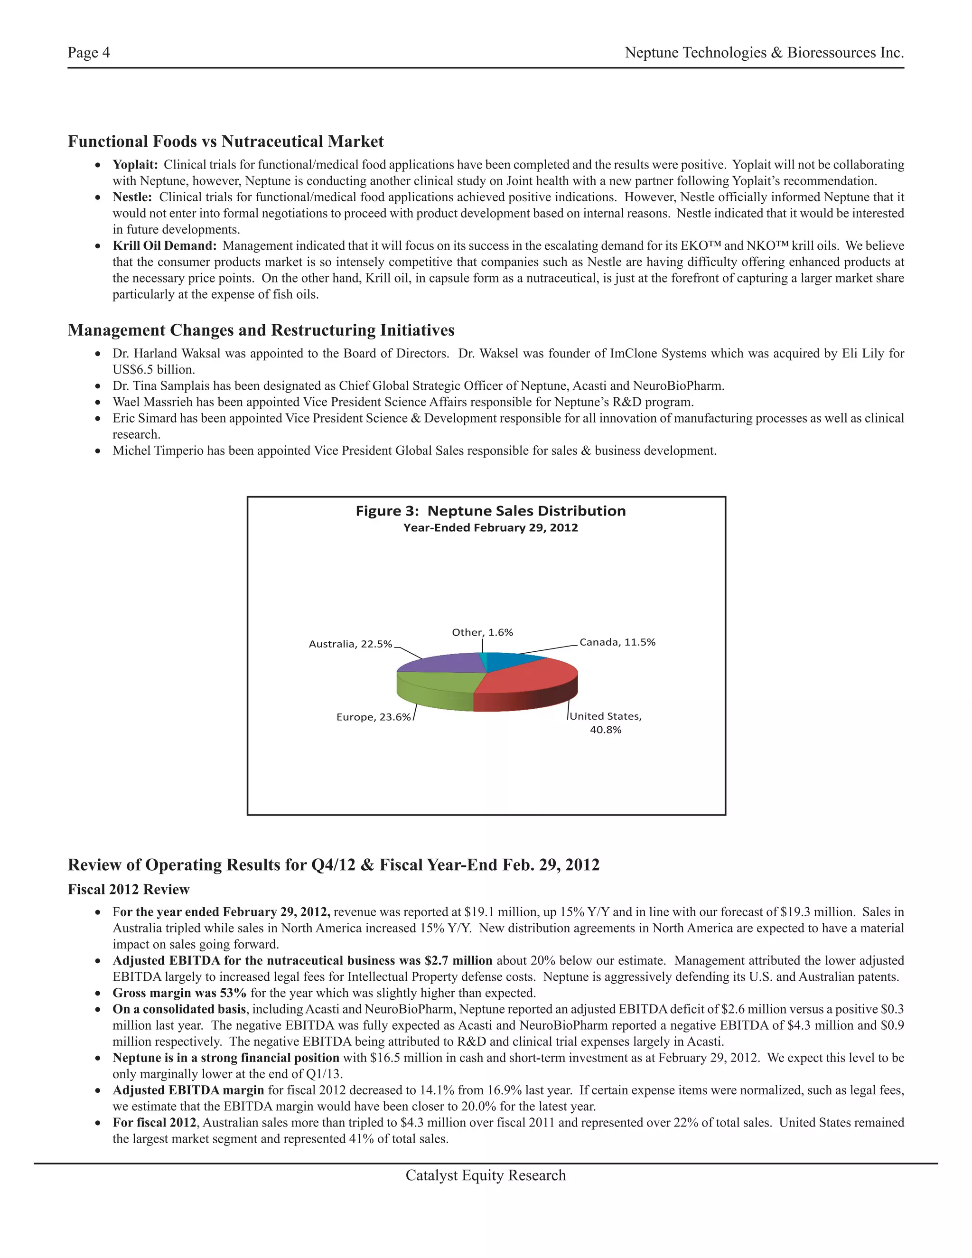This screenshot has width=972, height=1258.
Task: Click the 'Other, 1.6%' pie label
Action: [482, 632]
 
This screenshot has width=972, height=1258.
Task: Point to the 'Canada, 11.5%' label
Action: [617, 642]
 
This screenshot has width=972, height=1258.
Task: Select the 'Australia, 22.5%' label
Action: [350, 644]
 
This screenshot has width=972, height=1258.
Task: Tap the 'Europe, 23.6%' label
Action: [373, 717]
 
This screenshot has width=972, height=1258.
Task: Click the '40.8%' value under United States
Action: [605, 730]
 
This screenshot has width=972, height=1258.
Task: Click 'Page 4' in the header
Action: [89, 53]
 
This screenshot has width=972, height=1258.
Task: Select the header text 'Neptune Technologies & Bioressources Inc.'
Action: [764, 53]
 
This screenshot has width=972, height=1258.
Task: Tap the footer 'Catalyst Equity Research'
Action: [486, 1175]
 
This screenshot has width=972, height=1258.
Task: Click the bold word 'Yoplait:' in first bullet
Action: [135, 165]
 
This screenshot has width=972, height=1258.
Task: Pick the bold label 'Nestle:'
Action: [132, 197]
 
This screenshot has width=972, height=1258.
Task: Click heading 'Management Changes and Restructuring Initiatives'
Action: [261, 330]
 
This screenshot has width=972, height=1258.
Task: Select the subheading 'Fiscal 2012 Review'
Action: [129, 889]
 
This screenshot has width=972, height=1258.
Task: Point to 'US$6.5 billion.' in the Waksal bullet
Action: [154, 369]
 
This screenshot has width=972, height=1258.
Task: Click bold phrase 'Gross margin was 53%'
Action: [179, 993]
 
